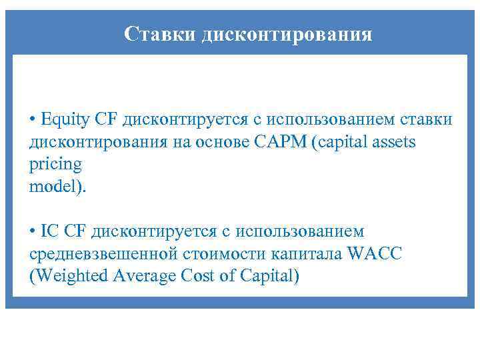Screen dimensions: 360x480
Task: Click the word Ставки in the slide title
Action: [157, 34]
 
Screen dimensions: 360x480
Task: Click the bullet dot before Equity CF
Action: [33, 121]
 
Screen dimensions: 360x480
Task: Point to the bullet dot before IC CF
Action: [33, 231]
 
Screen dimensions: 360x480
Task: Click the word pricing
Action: [55, 165]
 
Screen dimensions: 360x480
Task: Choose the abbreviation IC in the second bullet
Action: [50, 231]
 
